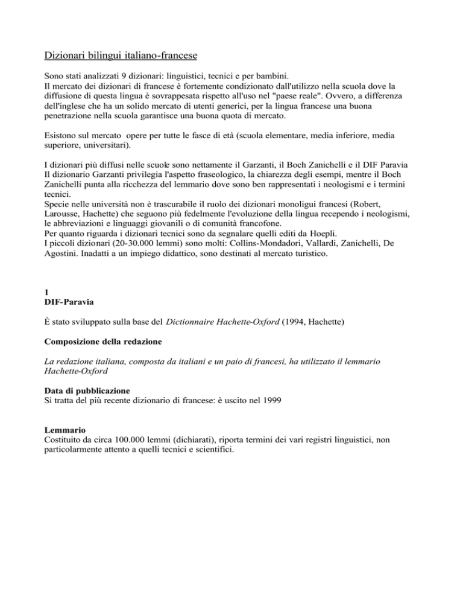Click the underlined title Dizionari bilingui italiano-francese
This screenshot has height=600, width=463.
[122, 57]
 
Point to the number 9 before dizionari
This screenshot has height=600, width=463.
[137, 76]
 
